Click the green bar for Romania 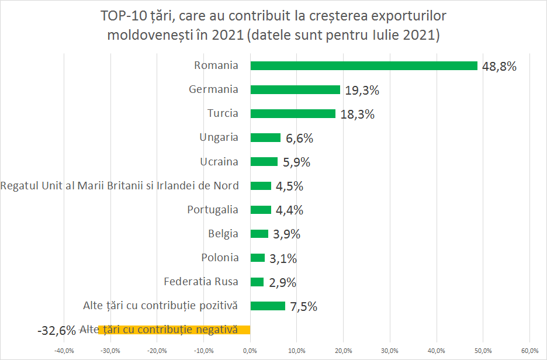(x=363, y=65)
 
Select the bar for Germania (x=295, y=89)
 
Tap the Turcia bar (x=293, y=113)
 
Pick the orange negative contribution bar (x=174, y=330)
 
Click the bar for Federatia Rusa (x=257, y=282)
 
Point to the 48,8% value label (x=499, y=66)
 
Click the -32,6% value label (x=57, y=330)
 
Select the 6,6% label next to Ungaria (x=299, y=139)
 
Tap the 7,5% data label (x=303, y=306)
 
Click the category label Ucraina (x=219, y=161)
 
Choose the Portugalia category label (x=213, y=209)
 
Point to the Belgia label (x=223, y=234)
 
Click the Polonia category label (x=220, y=258)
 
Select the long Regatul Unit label (x=120, y=186)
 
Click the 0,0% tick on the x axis (x=250, y=351)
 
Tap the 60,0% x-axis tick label (x=529, y=351)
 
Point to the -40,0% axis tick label (x=63, y=351)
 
